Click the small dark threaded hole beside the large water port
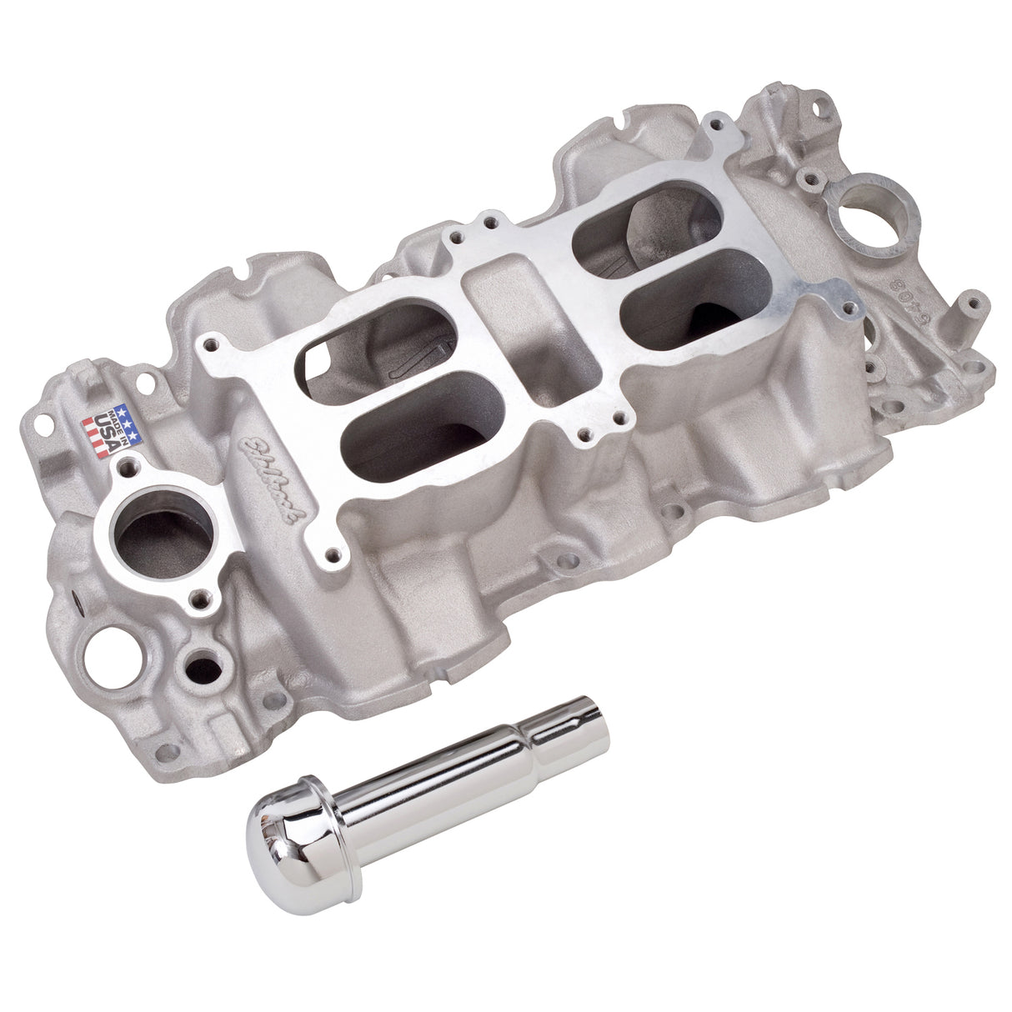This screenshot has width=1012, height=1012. coord(205,668)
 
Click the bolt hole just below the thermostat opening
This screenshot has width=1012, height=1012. coord(199,596)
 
